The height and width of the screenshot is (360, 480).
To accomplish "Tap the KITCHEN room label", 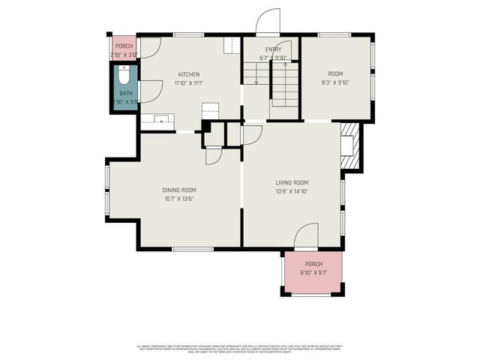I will (188, 74).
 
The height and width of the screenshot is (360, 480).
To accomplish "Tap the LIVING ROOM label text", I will (292, 182).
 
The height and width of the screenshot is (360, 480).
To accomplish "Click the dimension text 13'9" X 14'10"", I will (292, 191).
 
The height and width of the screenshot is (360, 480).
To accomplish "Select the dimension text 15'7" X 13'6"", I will (179, 199).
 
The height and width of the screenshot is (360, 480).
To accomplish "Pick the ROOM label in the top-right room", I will (335, 73).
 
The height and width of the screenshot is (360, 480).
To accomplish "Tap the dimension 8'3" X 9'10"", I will (335, 82).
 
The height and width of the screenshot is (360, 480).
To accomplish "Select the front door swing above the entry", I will (267, 23).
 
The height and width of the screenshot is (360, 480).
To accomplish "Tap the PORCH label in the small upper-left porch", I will (124, 46).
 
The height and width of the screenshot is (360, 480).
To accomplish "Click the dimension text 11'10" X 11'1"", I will (188, 83).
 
